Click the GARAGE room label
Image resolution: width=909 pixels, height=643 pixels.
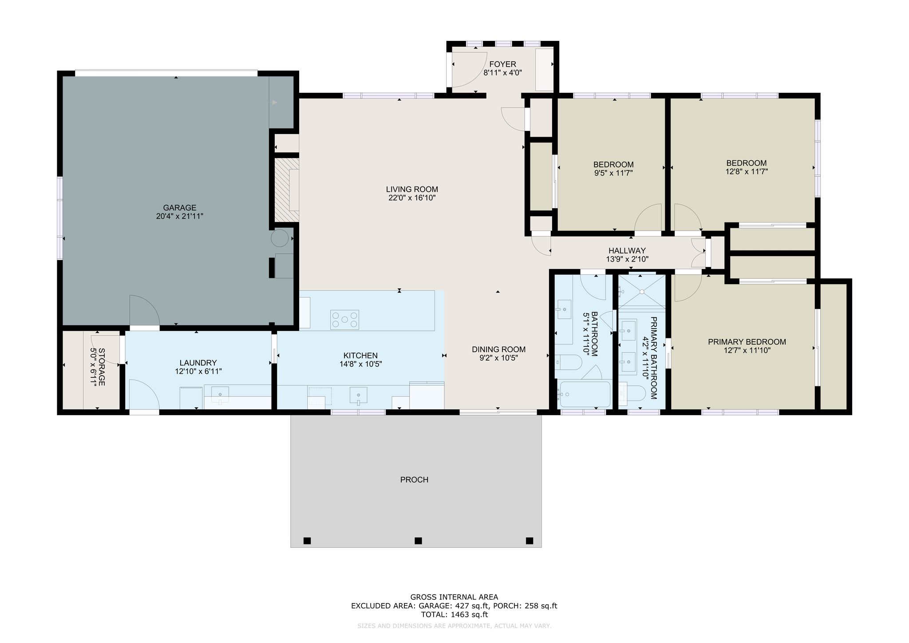pos(179,207)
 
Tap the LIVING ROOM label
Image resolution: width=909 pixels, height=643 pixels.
pos(412,189)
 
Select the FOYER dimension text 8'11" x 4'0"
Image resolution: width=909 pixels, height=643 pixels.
pos(502,73)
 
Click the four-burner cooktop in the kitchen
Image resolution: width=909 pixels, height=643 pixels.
pos(344,320)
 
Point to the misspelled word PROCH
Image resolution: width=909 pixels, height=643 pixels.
pos(414,480)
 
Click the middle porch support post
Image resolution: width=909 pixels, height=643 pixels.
pos(418,540)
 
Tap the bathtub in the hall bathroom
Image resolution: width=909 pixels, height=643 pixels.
pos(585,394)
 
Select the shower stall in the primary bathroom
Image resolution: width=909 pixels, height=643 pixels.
pos(642,291)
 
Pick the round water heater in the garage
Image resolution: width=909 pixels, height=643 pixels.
pos(280,238)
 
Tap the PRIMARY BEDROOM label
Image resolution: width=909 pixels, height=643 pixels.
pos(747,342)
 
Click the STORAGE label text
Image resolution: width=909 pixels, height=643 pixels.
pos(101,367)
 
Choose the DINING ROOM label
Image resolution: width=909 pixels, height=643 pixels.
pos(498,349)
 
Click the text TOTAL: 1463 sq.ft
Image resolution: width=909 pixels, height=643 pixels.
pos(454,615)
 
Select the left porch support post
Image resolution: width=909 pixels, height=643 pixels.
pos(307,540)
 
